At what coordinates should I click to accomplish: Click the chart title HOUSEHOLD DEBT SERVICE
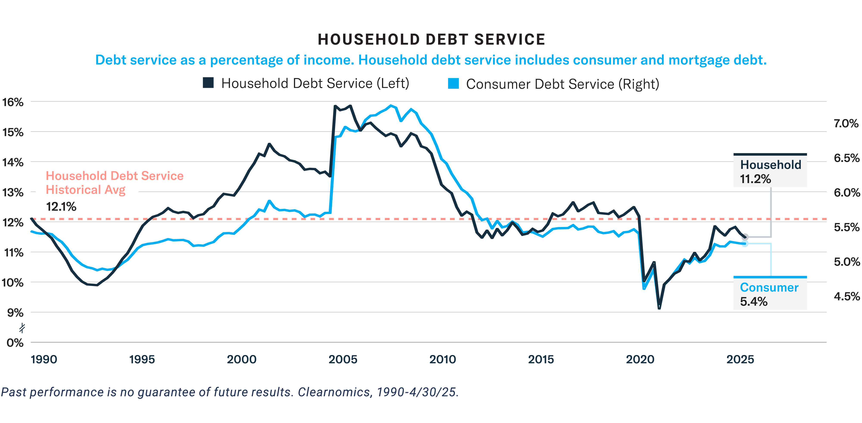pos(431,39)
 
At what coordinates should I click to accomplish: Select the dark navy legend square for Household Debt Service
pos(208,82)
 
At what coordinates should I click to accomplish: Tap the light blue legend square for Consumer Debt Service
pos(453,83)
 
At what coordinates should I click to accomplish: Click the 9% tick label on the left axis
pos(15,313)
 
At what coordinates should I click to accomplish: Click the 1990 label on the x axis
pos(44,359)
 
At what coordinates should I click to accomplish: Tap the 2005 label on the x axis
pos(343,359)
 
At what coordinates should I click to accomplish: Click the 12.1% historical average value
pos(61,207)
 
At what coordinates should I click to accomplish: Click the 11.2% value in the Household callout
pos(755,179)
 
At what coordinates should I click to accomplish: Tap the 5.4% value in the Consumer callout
pos(754,302)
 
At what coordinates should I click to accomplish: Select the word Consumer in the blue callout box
pos(769,287)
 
